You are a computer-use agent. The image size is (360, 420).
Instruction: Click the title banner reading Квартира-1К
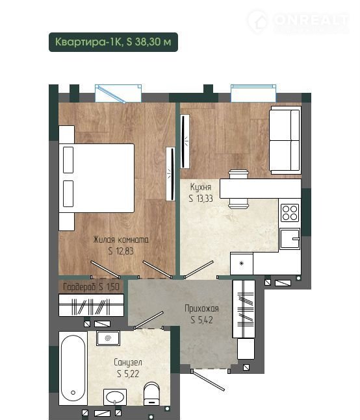[113, 42]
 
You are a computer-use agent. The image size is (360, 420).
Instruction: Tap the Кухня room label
[201, 187]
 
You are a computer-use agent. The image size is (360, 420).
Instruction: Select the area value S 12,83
[121, 251]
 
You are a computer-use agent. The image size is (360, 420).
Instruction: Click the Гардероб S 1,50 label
[91, 287]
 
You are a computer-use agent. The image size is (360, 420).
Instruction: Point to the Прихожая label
[201, 308]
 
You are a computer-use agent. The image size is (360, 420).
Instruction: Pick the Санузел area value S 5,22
[128, 374]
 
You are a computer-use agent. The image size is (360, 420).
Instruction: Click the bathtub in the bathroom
[73, 368]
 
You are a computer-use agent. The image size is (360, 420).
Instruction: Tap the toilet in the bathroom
[151, 394]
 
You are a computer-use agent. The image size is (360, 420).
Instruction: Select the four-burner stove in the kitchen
[290, 213]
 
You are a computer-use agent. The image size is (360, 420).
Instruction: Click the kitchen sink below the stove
[290, 239]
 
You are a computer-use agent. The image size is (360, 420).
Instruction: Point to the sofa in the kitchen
[285, 140]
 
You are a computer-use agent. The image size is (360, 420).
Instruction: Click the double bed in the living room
[97, 179]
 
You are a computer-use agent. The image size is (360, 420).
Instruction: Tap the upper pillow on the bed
[68, 160]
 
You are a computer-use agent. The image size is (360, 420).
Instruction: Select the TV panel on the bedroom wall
[170, 174]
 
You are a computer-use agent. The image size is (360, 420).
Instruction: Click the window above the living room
[118, 93]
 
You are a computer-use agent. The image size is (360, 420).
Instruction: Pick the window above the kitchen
[253, 93]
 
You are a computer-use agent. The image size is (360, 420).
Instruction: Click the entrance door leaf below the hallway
[209, 380]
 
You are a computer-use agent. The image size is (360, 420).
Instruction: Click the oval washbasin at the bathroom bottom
[115, 397]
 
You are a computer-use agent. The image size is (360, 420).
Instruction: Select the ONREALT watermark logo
[298, 21]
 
